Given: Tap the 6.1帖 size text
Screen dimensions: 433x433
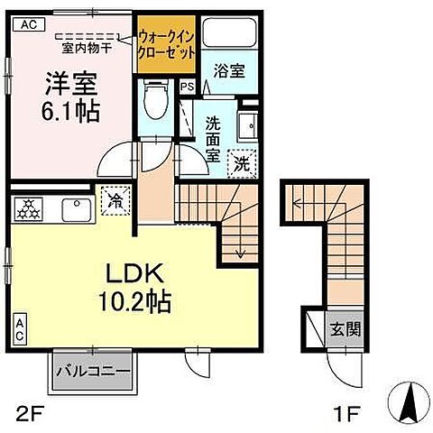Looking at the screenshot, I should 71,113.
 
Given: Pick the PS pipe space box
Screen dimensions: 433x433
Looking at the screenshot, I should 187,88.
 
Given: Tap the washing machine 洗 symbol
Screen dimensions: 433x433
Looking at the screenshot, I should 240,162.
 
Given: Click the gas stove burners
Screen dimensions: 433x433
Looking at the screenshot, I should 27,208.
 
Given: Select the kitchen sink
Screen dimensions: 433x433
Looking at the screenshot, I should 73,209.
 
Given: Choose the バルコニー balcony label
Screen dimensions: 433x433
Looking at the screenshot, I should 93,370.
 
